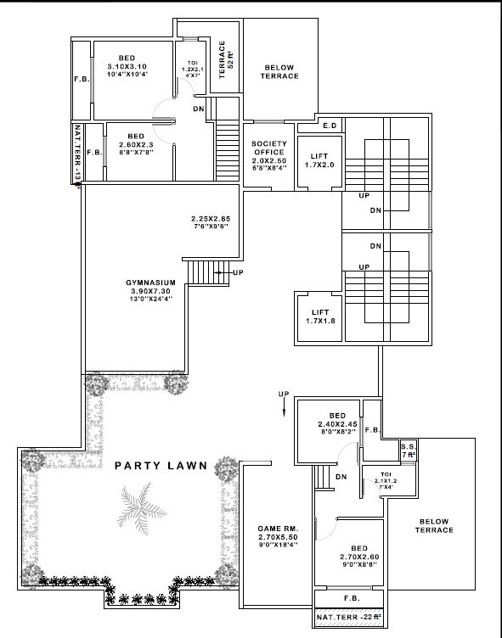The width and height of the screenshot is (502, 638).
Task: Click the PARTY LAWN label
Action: point(158,466)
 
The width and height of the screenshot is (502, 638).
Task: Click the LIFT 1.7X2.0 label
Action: point(319,160)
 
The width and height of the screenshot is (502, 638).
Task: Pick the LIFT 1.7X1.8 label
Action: point(319,316)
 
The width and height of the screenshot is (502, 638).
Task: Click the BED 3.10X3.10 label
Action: point(127,66)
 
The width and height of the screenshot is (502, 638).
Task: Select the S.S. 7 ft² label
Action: point(409,451)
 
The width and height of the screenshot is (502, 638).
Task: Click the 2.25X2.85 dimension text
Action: point(211,222)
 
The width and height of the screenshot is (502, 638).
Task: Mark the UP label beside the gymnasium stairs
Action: point(238,272)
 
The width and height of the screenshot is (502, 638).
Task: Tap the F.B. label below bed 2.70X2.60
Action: point(349,597)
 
